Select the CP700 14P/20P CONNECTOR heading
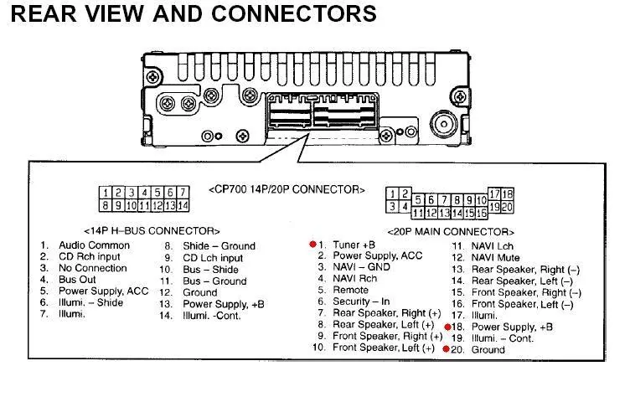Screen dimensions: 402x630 pyautogui.click(x=287, y=189)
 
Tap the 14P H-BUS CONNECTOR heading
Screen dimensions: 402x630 pyautogui.click(x=152, y=230)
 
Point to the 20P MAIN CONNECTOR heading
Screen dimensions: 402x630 pyautogui.click(x=450, y=231)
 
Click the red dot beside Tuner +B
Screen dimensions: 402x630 pyautogui.click(x=312, y=245)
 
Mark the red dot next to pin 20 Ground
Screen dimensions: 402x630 pyautogui.click(x=447, y=349)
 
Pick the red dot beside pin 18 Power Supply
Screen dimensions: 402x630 pyautogui.click(x=447, y=327)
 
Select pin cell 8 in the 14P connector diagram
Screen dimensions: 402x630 pyautogui.click(x=106, y=204)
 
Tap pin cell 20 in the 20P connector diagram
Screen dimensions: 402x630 pyautogui.click(x=507, y=206)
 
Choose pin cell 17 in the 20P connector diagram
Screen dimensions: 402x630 pyautogui.click(x=494, y=194)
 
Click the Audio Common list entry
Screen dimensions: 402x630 pyautogui.click(x=94, y=245)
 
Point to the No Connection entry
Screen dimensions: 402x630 pyautogui.click(x=92, y=268)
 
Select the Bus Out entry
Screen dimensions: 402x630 pyautogui.click(x=77, y=280)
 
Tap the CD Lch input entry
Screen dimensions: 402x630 pyautogui.click(x=213, y=258)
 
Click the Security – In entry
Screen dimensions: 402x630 pyautogui.click(x=361, y=301)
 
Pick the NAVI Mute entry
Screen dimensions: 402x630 pyautogui.click(x=495, y=257)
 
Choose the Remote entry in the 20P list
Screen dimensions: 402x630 pyautogui.click(x=350, y=290)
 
